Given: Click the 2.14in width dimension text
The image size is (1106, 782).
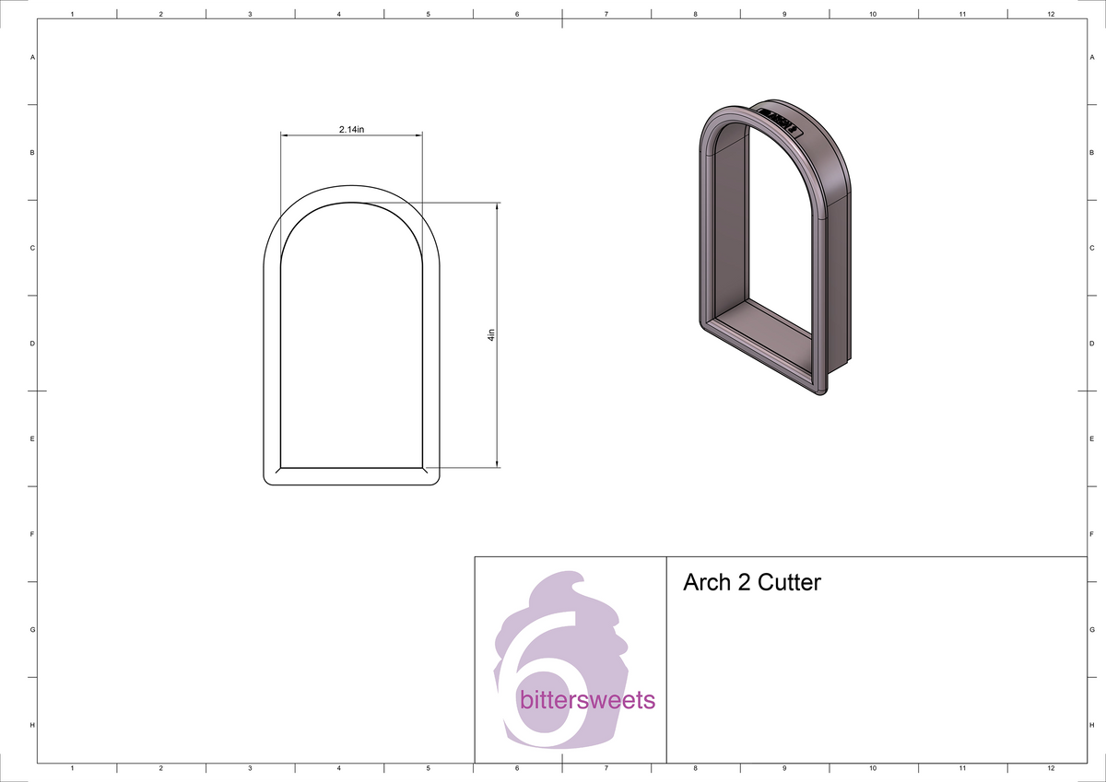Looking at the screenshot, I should point(351,129).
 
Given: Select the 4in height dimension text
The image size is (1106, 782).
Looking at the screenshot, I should point(491,335).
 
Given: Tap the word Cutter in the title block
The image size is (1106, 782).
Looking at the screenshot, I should point(789,582).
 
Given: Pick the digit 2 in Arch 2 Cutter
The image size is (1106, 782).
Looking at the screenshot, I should point(744,582).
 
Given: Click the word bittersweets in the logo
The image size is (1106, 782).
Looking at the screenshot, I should point(587,701).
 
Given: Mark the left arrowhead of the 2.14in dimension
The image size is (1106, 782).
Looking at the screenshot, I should point(285,135).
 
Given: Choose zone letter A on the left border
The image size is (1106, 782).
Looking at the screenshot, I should point(33,57).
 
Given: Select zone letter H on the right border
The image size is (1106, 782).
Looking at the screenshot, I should point(1090,726).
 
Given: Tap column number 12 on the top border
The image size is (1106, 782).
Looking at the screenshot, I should point(1051,14).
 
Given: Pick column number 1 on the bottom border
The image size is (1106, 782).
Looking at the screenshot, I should point(72,767).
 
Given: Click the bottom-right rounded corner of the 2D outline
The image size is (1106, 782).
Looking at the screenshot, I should point(433,476).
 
